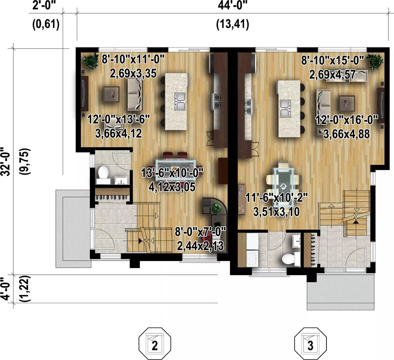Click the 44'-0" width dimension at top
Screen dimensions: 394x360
[232, 5]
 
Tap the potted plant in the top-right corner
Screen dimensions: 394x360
[375, 61]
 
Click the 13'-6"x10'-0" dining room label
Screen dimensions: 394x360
[172, 173]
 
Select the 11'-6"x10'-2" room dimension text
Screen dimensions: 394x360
[276, 198]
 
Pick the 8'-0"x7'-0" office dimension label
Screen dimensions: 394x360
[201, 232]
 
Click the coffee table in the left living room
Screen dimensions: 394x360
[111, 94]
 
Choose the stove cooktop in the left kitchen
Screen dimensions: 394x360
[216, 101]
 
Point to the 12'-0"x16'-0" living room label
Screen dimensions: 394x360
[347, 120]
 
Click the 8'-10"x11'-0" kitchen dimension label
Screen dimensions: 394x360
[133, 59]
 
